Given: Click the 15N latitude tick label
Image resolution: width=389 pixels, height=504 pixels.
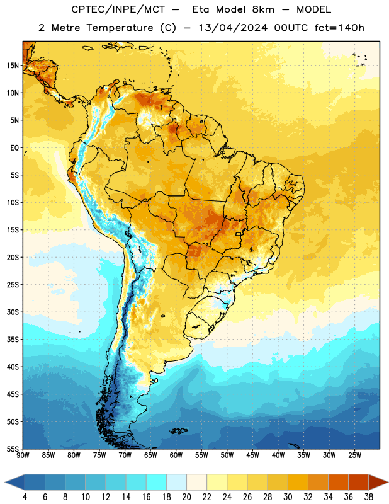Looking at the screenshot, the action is [13, 66].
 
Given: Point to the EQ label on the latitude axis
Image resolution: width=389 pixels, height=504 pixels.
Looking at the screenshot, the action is [14, 148].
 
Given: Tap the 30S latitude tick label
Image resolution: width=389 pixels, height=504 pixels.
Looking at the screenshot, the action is [13, 312].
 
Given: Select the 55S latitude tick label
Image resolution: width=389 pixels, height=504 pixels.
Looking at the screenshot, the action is [13, 449].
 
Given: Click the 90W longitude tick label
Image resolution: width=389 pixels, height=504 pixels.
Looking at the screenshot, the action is [23, 455].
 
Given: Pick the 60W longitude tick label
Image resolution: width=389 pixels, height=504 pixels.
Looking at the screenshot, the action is [176, 455].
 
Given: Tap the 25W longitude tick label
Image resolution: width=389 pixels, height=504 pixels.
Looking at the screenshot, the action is [354, 455].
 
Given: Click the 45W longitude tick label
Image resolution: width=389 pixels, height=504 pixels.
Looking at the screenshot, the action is [252, 455].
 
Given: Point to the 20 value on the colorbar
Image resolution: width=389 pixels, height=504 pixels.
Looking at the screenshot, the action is [186, 497].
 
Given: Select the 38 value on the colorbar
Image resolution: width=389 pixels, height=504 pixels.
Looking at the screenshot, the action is [369, 497].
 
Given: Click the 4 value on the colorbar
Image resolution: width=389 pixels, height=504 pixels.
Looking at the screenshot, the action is [25, 497].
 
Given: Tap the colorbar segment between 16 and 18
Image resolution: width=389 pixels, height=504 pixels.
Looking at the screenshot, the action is [156, 482].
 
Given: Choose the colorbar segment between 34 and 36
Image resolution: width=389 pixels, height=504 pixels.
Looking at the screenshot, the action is [338, 482].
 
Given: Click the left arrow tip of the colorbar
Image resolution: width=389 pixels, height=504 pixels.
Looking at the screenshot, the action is [5, 482].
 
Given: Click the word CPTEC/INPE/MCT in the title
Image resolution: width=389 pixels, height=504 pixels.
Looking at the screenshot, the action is [118, 9].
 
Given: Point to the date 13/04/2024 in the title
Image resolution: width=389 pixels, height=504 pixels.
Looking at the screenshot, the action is [233, 28].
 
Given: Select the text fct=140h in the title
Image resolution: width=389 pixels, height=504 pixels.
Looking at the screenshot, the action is [339, 28].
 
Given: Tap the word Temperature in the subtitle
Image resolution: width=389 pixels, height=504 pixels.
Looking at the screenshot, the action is [120, 28].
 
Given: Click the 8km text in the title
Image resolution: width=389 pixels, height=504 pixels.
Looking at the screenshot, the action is [263, 9].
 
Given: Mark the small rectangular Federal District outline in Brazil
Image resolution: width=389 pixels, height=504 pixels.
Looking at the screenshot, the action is [239, 234].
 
